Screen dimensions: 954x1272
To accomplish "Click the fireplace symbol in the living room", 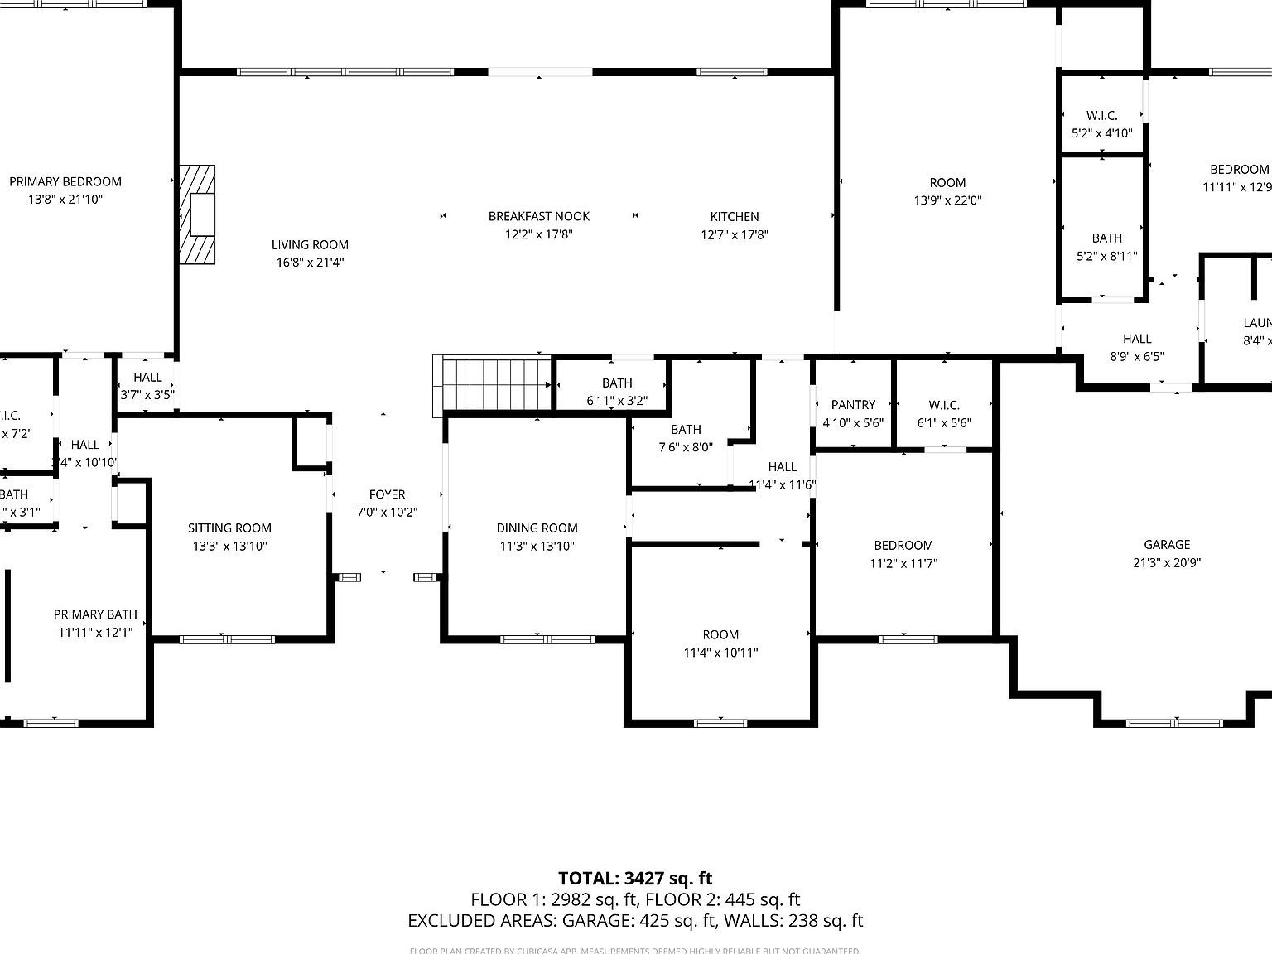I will [198, 214].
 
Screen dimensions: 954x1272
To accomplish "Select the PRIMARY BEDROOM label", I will [65, 181].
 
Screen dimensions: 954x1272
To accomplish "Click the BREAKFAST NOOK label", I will [539, 216].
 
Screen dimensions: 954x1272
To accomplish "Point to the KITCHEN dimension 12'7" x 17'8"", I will [735, 234].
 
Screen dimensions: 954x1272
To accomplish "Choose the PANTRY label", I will [853, 404].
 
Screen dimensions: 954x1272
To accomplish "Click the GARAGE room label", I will [1167, 544].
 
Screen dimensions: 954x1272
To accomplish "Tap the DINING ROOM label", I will [537, 528].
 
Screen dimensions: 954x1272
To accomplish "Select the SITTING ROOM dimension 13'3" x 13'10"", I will [229, 546].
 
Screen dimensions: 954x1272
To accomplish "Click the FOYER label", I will [387, 494].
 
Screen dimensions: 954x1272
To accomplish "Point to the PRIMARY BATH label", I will [95, 614].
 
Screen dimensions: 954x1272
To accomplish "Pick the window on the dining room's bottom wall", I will [547, 639].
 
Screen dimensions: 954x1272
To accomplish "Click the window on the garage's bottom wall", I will [1174, 723].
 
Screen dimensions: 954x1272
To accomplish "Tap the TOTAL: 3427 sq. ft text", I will [635, 878].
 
